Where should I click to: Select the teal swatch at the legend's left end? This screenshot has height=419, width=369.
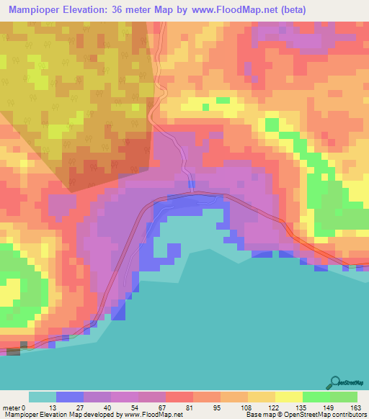[x=43, y=397]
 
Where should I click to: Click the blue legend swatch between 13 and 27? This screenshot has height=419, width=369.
[x=70, y=397]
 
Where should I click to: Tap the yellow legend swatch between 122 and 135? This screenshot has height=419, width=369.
[x=289, y=397]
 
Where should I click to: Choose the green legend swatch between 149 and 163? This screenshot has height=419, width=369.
[x=344, y=397]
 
